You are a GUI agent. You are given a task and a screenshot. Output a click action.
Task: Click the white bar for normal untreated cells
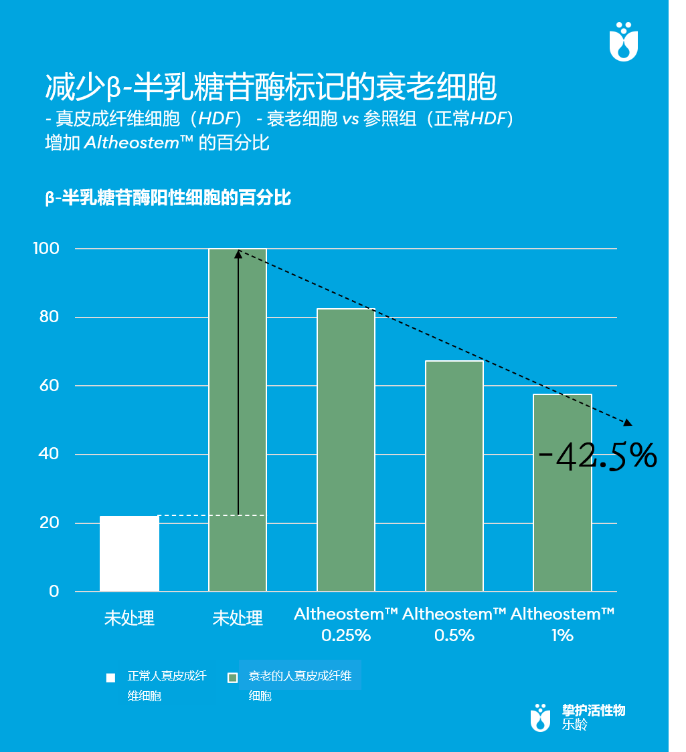pos(129,553)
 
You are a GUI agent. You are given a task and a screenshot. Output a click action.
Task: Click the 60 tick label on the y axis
pos(49,386)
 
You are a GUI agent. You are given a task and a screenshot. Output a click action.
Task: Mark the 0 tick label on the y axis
pos(54,592)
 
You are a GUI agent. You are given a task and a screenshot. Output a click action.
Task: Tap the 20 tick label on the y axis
pos(49,523)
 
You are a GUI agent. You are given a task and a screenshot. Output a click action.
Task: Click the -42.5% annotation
pos(598,457)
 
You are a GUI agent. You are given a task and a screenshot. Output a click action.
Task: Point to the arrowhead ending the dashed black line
pos(628,422)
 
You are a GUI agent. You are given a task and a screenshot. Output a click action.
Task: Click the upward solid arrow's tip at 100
pos(238,253)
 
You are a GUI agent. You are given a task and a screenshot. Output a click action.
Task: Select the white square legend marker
pos(111,678)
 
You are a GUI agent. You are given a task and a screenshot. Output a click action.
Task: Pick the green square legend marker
pos(233,678)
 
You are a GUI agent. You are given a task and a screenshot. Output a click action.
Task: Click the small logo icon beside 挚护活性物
pos(540,717)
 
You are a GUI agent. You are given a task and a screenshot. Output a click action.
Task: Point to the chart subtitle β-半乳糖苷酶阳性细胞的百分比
pos(167,198)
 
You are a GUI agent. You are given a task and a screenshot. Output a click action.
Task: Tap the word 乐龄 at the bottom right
pos(575,725)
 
